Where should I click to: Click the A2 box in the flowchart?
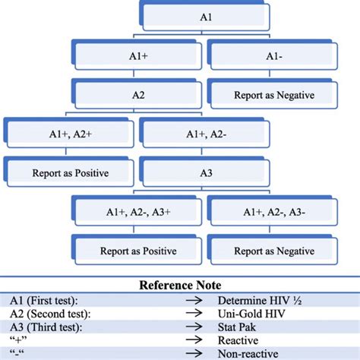(x=138, y=96)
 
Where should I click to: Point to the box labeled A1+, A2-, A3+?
(x=138, y=213)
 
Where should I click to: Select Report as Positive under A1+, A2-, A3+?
(x=138, y=251)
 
